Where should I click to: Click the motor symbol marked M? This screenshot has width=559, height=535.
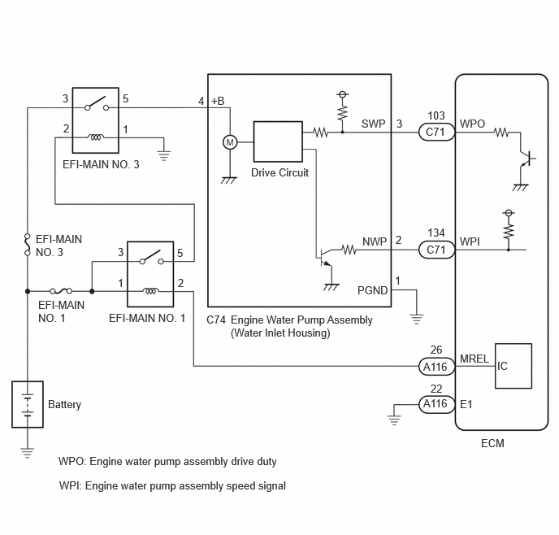tap(230, 142)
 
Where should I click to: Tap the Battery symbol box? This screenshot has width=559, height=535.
tap(28, 404)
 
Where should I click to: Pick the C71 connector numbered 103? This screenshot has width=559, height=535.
tap(436, 132)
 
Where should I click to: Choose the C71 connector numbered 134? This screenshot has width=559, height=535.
tap(436, 250)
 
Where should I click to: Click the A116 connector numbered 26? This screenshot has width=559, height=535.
tap(436, 367)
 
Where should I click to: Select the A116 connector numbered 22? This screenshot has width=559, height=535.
tap(436, 404)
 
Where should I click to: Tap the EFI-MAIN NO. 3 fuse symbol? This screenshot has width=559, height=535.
tap(28, 245)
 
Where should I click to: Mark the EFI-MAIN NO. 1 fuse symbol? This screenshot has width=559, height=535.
tap(61, 291)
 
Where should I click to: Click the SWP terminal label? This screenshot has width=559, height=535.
tap(373, 124)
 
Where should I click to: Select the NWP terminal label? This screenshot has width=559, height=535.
tap(375, 241)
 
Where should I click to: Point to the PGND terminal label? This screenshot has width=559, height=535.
tap(372, 290)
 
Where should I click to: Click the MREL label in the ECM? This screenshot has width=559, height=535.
tap(474, 359)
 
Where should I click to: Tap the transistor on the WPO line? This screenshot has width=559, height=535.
tap(526, 159)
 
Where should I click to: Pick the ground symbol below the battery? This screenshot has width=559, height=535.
tap(28, 452)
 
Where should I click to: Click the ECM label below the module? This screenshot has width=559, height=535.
tap(492, 443)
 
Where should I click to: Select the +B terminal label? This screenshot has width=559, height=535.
tap(218, 102)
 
